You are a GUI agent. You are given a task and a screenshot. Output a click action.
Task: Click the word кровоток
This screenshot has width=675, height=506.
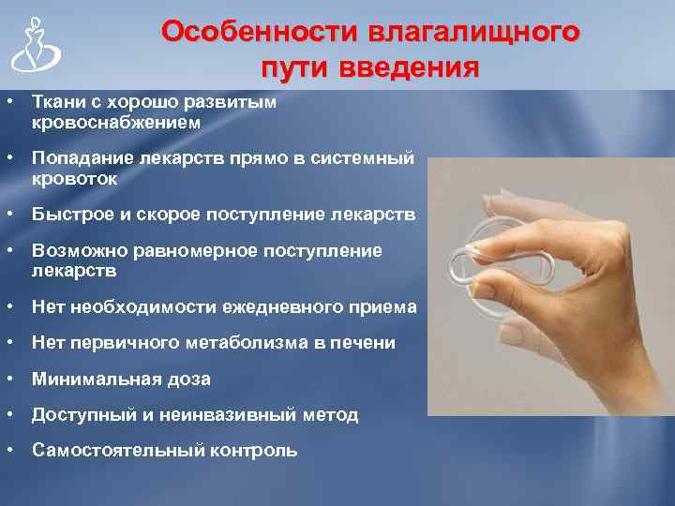pos(75,178)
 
